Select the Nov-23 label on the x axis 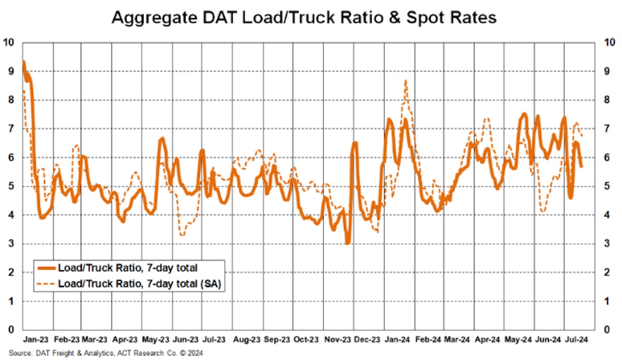(x=337, y=340)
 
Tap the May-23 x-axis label (x=156, y=340)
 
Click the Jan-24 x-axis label (x=397, y=340)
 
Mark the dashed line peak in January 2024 (x=405, y=80)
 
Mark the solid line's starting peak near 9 (x=23, y=62)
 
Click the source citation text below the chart (x=102, y=353)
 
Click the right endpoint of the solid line (x=582, y=167)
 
